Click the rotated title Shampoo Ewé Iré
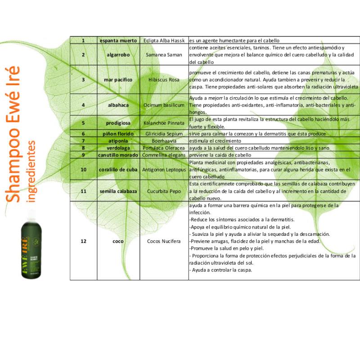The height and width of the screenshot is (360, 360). pyautogui.click(x=12, y=135)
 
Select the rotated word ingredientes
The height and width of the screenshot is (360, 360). pyautogui.click(x=31, y=171)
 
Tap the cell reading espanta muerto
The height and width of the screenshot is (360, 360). pyautogui.click(x=118, y=40)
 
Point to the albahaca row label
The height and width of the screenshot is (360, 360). pyautogui.click(x=118, y=105)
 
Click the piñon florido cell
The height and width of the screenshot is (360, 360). pyautogui.click(x=118, y=134)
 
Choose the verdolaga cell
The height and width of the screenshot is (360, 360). pyautogui.click(x=118, y=148)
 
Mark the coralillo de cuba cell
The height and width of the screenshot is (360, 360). pyautogui.click(x=118, y=170)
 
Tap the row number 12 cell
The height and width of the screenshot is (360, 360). pyautogui.click(x=83, y=241)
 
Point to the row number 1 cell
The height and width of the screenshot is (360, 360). pyautogui.click(x=83, y=40)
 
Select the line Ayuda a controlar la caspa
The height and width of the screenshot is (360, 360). pyautogui.click(x=221, y=270)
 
